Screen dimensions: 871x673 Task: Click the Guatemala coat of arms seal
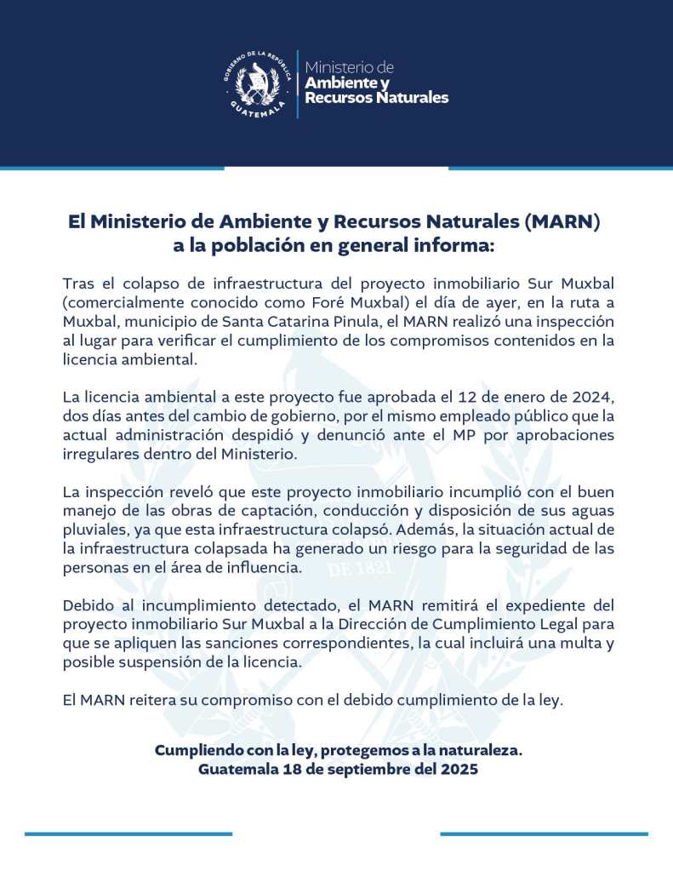[259, 83]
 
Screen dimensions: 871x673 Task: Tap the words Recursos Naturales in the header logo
[376, 98]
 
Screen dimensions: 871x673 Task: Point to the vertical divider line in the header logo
[297, 83]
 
